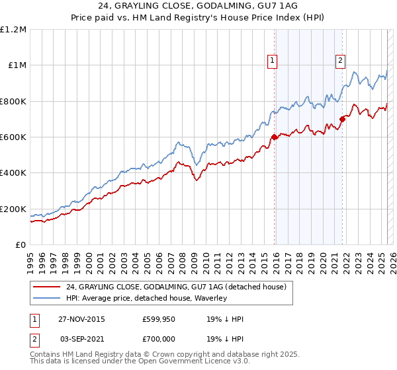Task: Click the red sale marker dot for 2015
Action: click(x=273, y=137)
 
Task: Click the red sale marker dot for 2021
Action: click(x=342, y=120)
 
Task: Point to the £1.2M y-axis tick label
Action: click(x=13, y=30)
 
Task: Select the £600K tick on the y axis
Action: click(x=13, y=137)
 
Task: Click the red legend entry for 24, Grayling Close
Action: click(x=175, y=287)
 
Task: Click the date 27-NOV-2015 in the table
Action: click(x=81, y=319)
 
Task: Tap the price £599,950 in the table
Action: click(x=158, y=319)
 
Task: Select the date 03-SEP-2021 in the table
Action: click(x=81, y=338)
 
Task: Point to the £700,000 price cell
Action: click(x=158, y=338)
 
